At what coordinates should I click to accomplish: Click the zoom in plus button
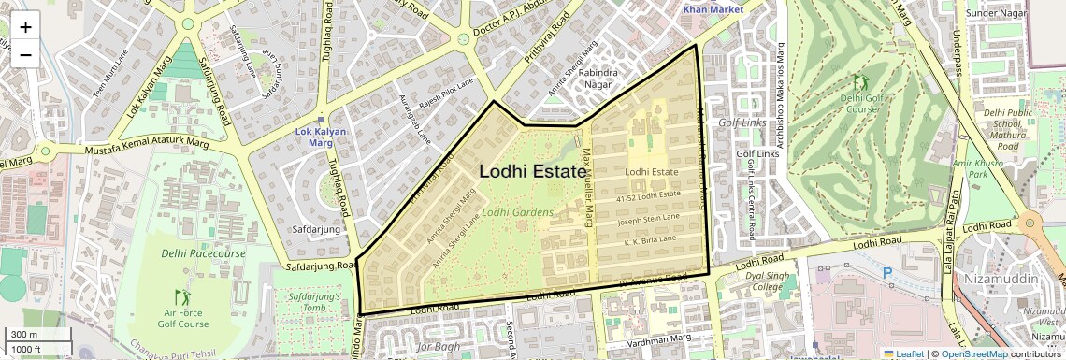tap(25, 26)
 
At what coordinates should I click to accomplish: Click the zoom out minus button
tap(25, 54)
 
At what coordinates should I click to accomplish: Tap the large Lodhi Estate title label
tap(532, 172)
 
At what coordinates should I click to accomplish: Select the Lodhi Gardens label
tap(519, 212)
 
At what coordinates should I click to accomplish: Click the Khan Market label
tap(706, 9)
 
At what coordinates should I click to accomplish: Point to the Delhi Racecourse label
tap(203, 253)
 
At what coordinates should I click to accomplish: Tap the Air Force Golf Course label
tap(186, 319)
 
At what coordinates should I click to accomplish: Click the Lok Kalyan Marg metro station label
tap(321, 137)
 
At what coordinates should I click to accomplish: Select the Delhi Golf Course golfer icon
tap(858, 81)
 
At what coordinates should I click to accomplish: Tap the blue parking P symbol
tap(887, 275)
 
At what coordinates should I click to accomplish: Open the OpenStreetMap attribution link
tap(973, 353)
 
